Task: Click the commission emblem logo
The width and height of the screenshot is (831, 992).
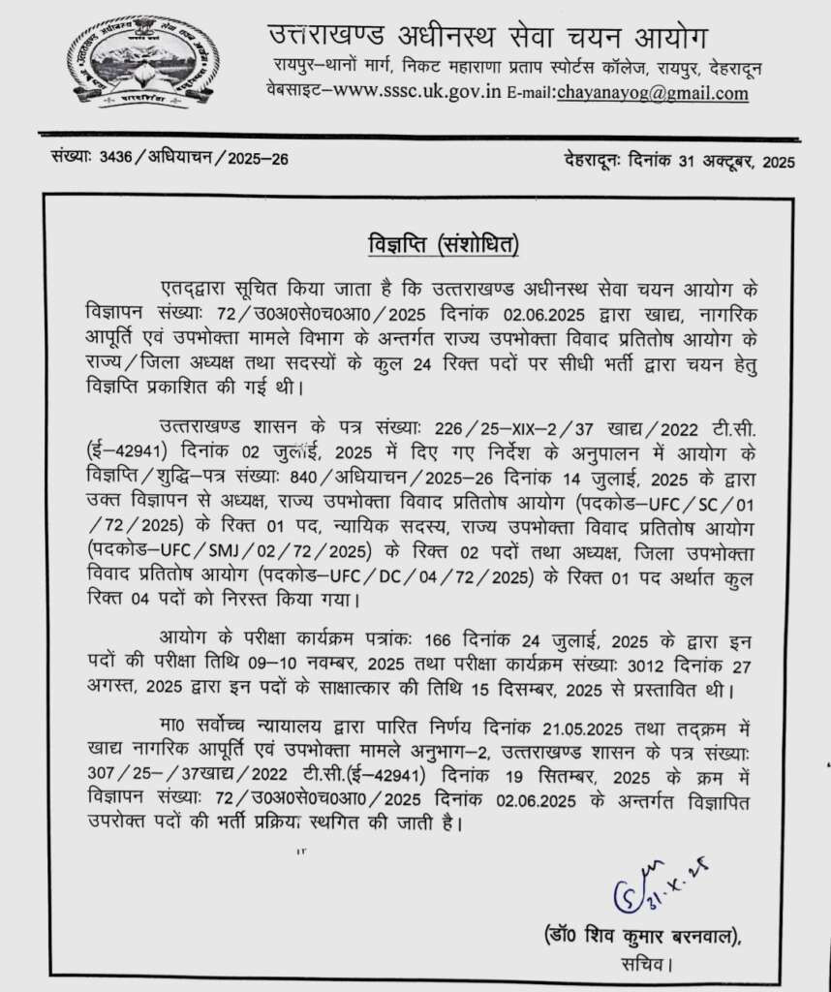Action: [142, 61]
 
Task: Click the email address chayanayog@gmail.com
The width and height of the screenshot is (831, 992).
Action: [652, 93]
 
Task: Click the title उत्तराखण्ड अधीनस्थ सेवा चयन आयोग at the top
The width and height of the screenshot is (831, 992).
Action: [488, 36]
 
